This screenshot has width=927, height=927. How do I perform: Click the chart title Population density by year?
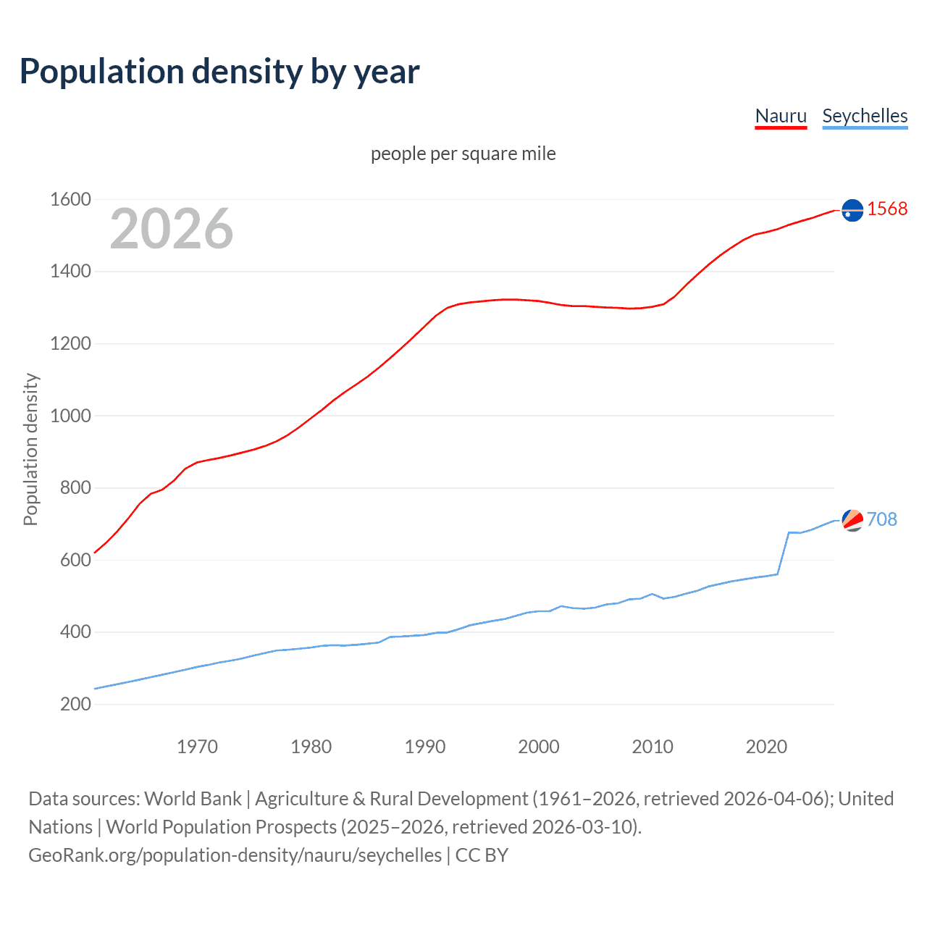pyautogui.click(x=219, y=72)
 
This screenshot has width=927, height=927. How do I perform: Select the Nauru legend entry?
pyautogui.click(x=781, y=116)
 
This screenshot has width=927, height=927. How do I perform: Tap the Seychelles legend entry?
pyautogui.click(x=865, y=116)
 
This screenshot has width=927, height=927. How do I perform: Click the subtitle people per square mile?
pyautogui.click(x=463, y=154)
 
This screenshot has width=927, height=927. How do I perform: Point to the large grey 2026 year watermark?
pyautogui.click(x=172, y=229)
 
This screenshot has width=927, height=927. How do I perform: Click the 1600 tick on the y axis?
pyautogui.click(x=70, y=199)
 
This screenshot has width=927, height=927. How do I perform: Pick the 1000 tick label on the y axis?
pyautogui.click(x=70, y=416)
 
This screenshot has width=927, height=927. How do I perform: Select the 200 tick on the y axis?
pyautogui.click(x=75, y=704)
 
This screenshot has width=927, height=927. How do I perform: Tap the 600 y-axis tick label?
pyautogui.click(x=75, y=560)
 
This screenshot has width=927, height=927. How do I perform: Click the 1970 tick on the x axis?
pyautogui.click(x=197, y=747)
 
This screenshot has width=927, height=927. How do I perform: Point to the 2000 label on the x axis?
pyautogui.click(x=539, y=747)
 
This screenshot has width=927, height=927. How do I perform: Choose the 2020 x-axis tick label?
pyautogui.click(x=766, y=747)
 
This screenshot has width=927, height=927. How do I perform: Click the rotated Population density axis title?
pyautogui.click(x=30, y=449)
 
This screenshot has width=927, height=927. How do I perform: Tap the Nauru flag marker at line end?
pyautogui.click(x=852, y=210)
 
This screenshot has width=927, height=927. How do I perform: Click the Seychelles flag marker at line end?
pyautogui.click(x=852, y=520)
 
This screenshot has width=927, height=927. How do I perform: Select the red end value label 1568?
pyautogui.click(x=887, y=209)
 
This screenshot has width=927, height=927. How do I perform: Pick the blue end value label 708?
pyautogui.click(x=881, y=519)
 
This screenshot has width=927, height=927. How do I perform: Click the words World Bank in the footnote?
pyautogui.click(x=193, y=799)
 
